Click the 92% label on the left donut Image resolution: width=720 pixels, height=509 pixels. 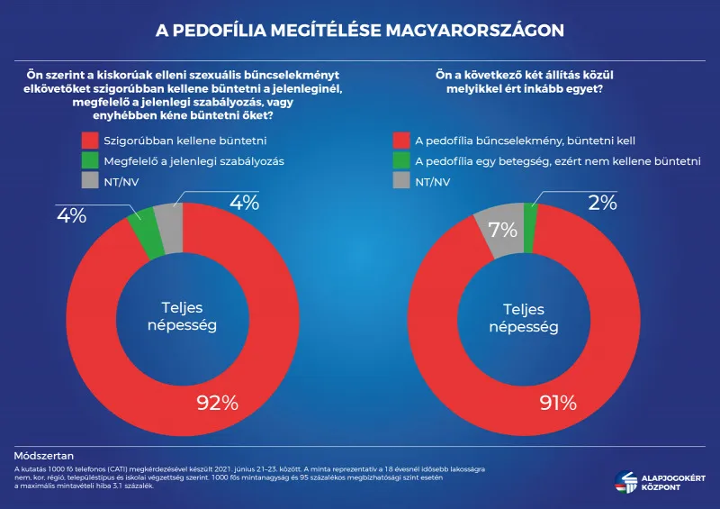tap(217, 403)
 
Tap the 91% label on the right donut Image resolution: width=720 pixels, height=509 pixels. tap(557, 403)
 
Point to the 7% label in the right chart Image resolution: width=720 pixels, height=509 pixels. tap(503, 230)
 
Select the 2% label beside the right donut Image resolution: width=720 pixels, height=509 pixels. tap(603, 203)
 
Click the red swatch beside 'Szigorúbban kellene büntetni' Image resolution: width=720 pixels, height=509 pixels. tap(88, 141)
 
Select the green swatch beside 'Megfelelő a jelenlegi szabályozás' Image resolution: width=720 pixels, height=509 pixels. tap(88, 161)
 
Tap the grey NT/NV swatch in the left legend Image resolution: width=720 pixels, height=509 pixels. tap(88, 181)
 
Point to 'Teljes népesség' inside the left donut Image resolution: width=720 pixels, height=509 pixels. tap(183, 315)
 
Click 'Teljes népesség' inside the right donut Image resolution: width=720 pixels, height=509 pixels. tap(524, 315)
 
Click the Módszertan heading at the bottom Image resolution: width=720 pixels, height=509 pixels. tap(44, 457)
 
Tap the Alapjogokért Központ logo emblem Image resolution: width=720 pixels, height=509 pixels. tap(625, 483)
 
